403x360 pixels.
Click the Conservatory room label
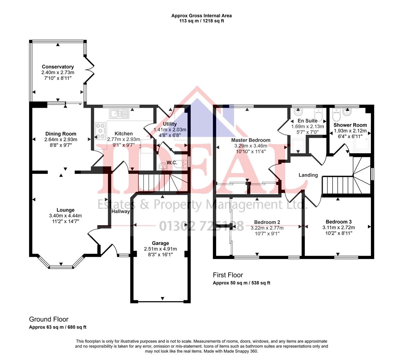click(x=58, y=67)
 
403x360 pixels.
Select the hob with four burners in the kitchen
click(x=100, y=131)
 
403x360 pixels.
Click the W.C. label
click(x=172, y=163)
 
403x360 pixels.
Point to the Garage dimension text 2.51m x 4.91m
click(x=160, y=249)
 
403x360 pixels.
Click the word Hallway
click(x=120, y=211)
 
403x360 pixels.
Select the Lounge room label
click(x=65, y=210)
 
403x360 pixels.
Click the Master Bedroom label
click(x=251, y=140)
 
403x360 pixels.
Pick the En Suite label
click(x=307, y=121)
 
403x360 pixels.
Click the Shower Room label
click(x=350, y=125)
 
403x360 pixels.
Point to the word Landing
click(x=308, y=175)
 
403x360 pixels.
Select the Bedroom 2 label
click(x=267, y=222)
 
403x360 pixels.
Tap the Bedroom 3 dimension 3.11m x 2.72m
click(x=339, y=228)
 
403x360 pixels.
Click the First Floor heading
click(x=228, y=275)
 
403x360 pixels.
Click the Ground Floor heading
click(x=49, y=319)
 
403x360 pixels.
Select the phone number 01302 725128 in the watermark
click(x=201, y=226)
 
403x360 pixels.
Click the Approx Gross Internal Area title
click(x=201, y=16)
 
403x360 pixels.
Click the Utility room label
click(x=170, y=124)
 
